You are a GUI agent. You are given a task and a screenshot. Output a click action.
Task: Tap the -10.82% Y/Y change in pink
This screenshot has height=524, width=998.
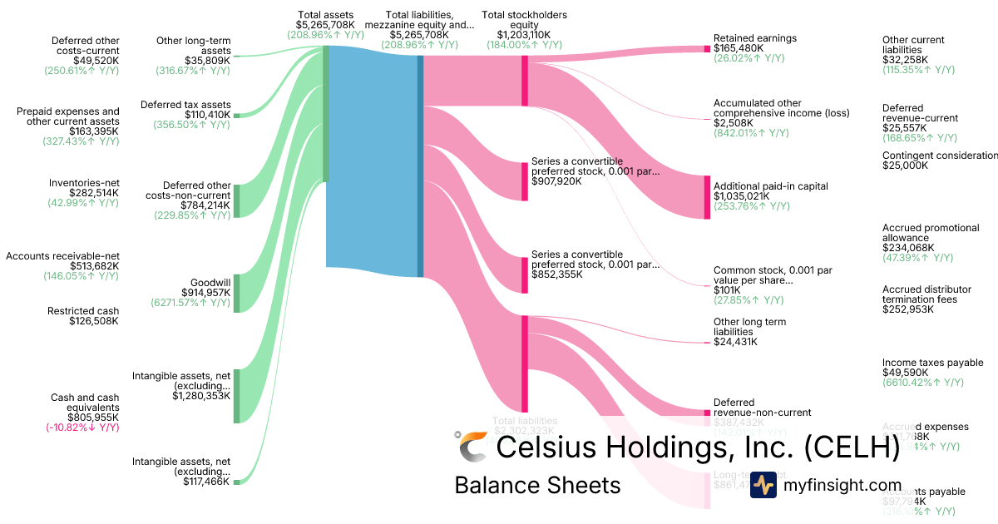tap(82, 428)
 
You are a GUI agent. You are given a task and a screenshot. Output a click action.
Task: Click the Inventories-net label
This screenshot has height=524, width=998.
tap(84, 183)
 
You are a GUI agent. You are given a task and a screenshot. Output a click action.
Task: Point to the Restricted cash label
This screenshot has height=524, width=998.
tap(83, 311)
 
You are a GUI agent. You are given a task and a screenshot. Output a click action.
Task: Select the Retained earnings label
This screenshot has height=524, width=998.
tap(755, 38)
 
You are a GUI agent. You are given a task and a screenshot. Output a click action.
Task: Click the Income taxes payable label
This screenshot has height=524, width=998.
tap(932, 363)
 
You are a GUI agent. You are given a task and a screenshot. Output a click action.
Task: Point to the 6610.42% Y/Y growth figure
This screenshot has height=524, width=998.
tap(922, 383)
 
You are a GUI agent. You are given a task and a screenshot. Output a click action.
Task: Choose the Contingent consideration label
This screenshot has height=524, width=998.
tap(939, 156)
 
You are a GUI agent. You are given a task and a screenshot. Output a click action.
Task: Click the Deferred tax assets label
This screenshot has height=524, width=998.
tap(197, 105)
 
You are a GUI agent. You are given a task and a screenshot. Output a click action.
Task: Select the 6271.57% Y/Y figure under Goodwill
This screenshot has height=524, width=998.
tap(191, 303)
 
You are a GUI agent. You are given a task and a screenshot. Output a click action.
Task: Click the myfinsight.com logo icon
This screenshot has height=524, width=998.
tap(763, 485)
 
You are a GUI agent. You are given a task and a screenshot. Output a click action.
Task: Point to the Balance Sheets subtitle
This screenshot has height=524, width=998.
tap(537, 485)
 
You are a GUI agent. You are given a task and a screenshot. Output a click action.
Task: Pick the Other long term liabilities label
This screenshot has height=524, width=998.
tap(749, 327)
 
